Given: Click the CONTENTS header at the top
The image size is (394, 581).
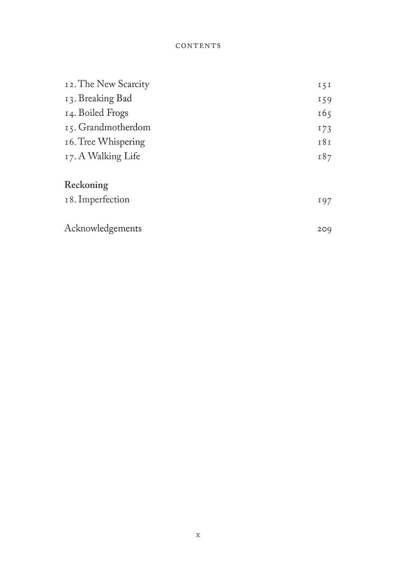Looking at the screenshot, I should point(198,46).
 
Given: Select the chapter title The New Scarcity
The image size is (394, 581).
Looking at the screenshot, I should point(114,84).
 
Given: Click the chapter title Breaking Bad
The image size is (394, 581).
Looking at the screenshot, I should point(105,98).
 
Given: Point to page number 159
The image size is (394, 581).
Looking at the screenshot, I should point(324,100).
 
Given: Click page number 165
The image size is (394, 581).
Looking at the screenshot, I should point(324,114).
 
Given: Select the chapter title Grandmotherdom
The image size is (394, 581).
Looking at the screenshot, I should point(114,127).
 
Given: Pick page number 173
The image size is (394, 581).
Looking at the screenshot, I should point(324,128).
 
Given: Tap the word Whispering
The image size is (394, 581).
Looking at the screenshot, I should point(121,142).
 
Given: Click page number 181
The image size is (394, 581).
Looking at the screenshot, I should point(324,143).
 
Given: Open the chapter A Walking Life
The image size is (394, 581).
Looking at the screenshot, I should point(109,156).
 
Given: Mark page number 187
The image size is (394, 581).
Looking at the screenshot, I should point(324,157).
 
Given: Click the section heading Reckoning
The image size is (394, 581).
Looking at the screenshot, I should point(86,185).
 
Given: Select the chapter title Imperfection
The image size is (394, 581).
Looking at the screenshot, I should point(104,199).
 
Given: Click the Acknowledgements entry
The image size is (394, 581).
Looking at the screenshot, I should point(103,229).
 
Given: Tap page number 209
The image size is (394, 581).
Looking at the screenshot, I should point(324,229).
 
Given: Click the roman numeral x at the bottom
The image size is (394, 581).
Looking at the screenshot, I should point(198,535).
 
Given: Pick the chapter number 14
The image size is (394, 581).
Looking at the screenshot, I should point(70,113).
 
